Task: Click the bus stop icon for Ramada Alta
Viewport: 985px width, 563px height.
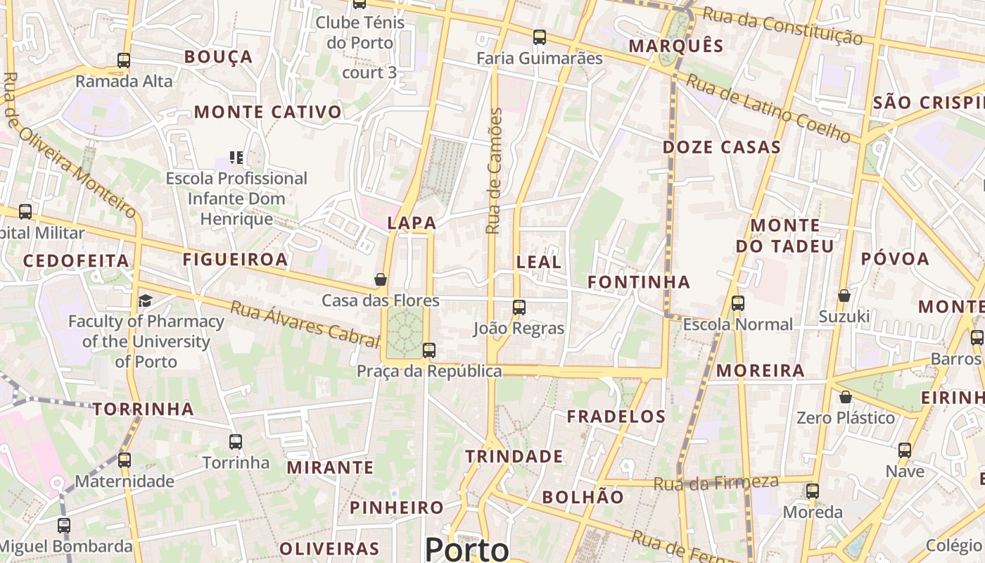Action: point(124,61)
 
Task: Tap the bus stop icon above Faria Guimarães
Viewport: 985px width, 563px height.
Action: point(540,37)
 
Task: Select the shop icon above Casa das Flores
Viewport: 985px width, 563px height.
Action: point(381,279)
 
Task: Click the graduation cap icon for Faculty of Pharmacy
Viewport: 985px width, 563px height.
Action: point(145,301)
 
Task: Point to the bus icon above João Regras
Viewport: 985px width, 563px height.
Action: point(519,307)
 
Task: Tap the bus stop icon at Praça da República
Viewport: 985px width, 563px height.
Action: point(428,350)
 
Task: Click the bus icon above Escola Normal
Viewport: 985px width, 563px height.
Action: point(738,303)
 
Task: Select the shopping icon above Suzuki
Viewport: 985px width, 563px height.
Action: point(844,296)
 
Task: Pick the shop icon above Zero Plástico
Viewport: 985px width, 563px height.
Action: point(846,397)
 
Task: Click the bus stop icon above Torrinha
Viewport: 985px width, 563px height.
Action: point(236,442)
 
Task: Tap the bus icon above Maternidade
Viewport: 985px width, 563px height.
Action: point(125,460)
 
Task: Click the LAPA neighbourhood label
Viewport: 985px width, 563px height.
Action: point(412,223)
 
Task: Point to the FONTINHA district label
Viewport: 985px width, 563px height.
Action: point(639,282)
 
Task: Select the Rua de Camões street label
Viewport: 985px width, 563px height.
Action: point(495,171)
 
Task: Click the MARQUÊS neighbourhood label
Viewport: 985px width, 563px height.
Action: point(675,46)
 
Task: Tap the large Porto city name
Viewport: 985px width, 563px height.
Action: point(466,549)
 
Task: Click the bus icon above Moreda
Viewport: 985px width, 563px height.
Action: point(813,491)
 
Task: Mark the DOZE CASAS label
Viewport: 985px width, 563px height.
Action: point(722,147)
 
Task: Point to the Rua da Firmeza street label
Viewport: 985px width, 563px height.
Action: point(716,483)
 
